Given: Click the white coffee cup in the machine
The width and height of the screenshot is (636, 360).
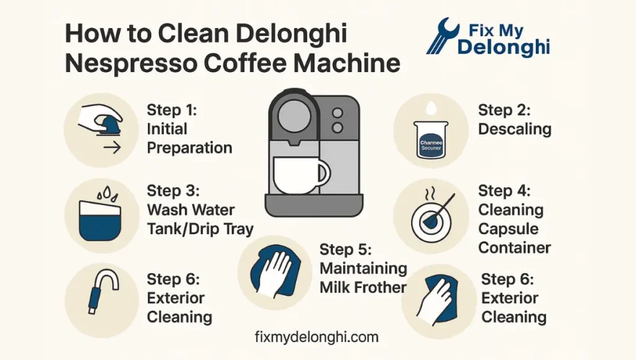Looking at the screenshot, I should pyautogui.click(x=300, y=175).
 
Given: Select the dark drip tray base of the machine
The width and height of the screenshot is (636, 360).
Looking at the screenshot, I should pyautogui.click(x=314, y=204).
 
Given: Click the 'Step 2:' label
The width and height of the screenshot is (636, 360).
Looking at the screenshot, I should pyautogui.click(x=504, y=110).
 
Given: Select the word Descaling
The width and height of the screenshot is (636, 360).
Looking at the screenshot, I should pyautogui.click(x=514, y=129).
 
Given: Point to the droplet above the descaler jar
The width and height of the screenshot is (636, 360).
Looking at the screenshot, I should pyautogui.click(x=430, y=109).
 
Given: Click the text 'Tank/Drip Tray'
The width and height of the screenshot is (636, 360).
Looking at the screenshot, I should pyautogui.click(x=200, y=228).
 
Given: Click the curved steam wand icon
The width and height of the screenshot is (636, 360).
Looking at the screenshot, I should pyautogui.click(x=101, y=290).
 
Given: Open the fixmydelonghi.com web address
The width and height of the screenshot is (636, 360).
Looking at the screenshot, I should pyautogui.click(x=317, y=337).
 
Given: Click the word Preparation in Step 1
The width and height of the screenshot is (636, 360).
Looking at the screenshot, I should pyautogui.click(x=189, y=148).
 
